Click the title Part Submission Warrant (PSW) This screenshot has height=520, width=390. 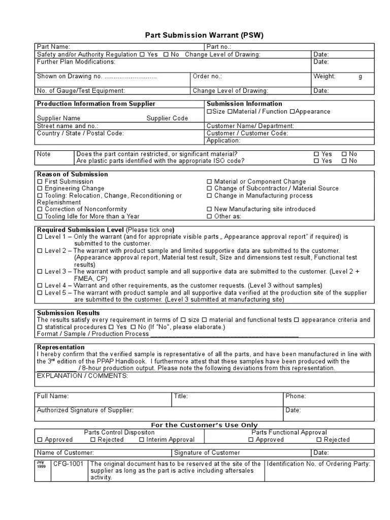(205, 35)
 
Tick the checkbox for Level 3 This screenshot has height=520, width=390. (40, 272)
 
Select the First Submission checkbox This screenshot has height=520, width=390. (40, 181)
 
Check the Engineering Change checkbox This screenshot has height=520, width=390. (40, 188)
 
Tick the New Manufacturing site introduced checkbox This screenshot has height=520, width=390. (210, 209)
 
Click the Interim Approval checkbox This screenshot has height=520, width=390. (142, 440)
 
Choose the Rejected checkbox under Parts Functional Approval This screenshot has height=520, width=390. (319, 440)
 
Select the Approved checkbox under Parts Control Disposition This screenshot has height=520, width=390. (40, 440)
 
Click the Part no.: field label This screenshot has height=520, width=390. (219, 47)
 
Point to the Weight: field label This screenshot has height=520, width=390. (324, 77)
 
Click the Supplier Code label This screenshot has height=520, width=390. (167, 118)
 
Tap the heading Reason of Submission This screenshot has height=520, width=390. (72, 174)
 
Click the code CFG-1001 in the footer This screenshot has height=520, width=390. (69, 464)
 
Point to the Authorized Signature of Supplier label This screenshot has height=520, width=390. (85, 410)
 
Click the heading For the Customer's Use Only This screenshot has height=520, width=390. (205, 425)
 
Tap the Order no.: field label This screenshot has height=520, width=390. (208, 77)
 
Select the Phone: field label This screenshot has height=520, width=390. (296, 397)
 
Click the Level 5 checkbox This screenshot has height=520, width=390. (40, 293)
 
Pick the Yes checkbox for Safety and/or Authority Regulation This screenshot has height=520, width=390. (142, 55)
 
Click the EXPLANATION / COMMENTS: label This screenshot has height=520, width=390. (82, 376)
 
